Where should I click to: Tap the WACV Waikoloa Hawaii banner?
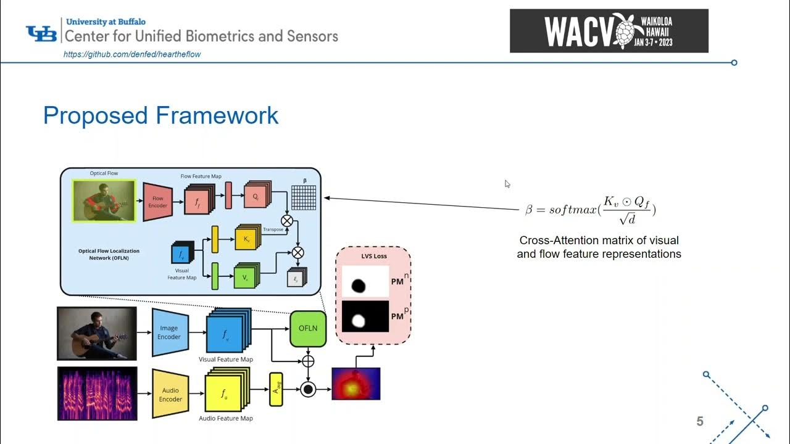point(609,31)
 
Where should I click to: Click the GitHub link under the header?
point(132,54)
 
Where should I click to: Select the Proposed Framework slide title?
point(160,116)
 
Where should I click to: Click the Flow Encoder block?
point(158,202)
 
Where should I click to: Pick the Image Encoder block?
point(168,332)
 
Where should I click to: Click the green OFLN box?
point(307,328)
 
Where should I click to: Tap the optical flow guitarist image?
point(103,200)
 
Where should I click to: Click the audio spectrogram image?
point(97,393)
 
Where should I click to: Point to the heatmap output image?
point(355,384)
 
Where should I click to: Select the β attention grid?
point(304,198)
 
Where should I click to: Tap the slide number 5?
point(700,422)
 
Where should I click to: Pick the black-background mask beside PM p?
point(365,316)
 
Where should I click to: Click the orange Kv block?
point(247,238)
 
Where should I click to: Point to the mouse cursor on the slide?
point(507,184)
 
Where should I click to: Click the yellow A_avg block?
point(276,390)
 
